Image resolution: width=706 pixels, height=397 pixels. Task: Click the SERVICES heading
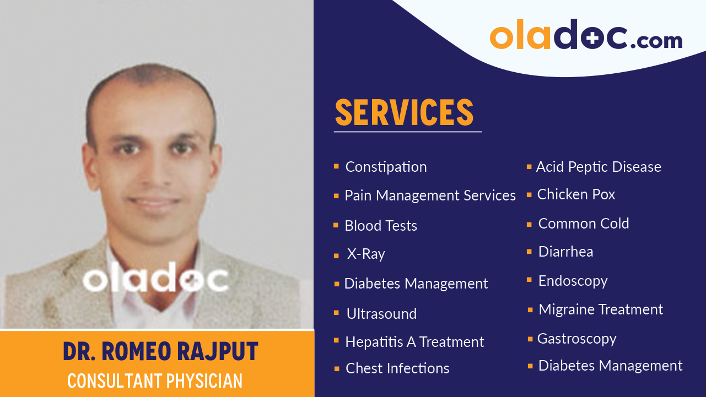[404, 112]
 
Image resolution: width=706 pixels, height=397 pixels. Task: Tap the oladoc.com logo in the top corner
[586, 35]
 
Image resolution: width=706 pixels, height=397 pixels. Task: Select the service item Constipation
[386, 167]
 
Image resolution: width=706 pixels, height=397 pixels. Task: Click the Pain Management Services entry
[430, 195]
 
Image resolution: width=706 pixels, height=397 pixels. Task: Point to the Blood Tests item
[380, 226]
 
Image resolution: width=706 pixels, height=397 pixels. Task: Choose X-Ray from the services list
[366, 254]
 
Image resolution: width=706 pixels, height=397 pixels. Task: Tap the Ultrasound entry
[381, 314]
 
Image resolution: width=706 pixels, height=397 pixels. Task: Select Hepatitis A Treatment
[414, 342]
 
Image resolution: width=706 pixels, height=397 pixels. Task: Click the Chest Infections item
[397, 368]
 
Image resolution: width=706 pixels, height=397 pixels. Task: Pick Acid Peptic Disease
[599, 167]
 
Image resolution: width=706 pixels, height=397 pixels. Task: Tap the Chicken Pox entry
[576, 194]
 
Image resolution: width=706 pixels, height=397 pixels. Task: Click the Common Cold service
[584, 224]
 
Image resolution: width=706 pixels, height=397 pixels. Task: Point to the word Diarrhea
[565, 252]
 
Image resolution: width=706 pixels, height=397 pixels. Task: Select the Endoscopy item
[573, 281]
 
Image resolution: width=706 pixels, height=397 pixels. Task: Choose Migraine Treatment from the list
[601, 309]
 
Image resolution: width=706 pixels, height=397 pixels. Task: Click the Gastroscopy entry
[576, 339]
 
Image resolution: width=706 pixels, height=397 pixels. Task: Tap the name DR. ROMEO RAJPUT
[160, 352]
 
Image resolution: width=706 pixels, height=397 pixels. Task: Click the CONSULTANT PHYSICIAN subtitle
[155, 380]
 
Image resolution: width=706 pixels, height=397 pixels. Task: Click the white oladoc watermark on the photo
[155, 280]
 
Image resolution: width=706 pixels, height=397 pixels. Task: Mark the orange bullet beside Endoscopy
[530, 280]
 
